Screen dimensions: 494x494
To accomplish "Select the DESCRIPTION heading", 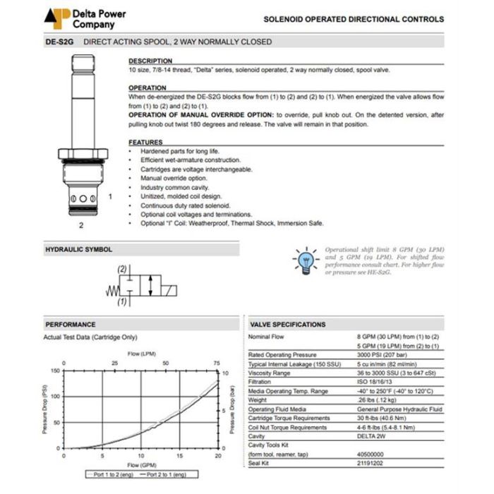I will [150, 61].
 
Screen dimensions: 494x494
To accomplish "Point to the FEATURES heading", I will [145, 142].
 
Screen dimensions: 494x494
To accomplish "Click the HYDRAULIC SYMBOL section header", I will [79, 249].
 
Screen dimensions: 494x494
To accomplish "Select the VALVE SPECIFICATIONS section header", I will [288, 324].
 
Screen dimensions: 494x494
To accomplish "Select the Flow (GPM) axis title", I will [141, 465].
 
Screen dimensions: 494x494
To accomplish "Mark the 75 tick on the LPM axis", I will [216, 363].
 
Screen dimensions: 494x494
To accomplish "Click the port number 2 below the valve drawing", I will [81, 226].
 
